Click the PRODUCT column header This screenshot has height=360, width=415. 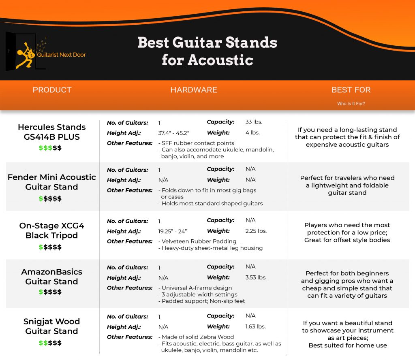52,90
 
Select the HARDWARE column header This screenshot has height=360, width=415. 194,90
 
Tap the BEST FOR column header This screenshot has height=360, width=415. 351,90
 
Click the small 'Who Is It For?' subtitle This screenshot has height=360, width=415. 351,104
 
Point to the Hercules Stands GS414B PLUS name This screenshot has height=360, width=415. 51,132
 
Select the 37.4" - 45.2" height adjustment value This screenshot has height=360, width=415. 173,133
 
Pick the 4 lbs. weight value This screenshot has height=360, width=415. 252,132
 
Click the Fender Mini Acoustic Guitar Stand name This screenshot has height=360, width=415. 51,182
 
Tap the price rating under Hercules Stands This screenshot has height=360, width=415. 50,148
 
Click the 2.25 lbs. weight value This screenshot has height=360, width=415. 256,231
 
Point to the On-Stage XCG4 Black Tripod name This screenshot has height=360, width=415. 51,230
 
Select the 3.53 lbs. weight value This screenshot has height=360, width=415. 256,277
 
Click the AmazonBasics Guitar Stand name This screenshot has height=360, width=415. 51,277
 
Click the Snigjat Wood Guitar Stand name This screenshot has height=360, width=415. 51,326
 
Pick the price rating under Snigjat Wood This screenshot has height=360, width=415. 50,343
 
